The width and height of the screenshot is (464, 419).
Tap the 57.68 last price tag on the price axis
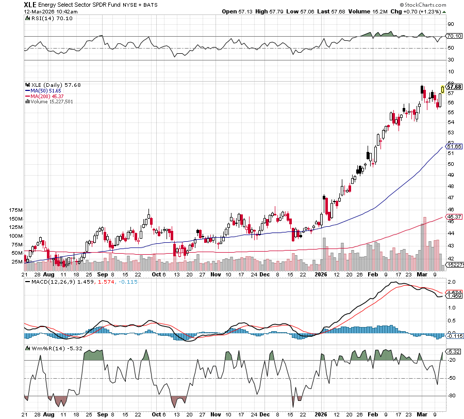click(454, 87)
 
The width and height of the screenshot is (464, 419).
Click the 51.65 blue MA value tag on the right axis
click(453, 147)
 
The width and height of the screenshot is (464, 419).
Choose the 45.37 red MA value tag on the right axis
click(453, 216)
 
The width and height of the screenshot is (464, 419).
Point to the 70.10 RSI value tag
click(453, 36)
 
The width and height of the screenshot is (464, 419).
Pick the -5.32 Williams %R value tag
click(453, 351)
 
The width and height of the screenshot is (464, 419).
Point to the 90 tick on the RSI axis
click(450, 24)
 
